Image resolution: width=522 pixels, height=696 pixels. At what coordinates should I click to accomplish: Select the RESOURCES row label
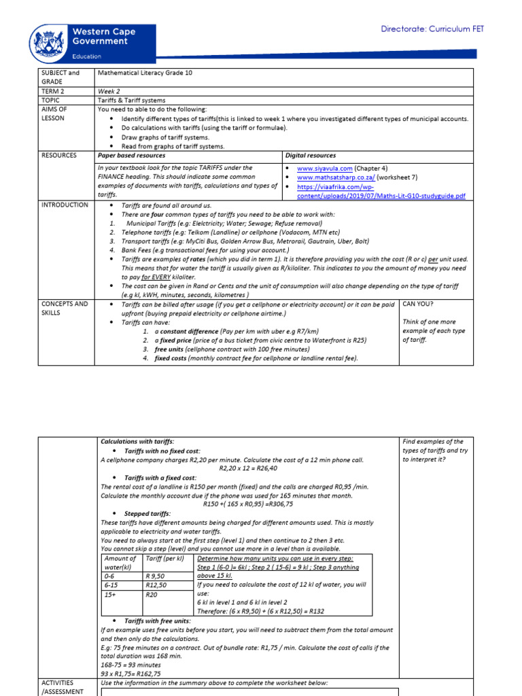(x=59, y=156)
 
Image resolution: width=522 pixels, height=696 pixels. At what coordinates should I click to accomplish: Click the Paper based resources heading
(x=131, y=156)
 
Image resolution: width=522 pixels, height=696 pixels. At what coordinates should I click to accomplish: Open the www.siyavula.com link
(x=325, y=168)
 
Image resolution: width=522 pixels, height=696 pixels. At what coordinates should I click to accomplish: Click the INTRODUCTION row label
(x=65, y=205)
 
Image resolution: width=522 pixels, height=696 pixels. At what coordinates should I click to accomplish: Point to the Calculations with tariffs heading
(x=137, y=442)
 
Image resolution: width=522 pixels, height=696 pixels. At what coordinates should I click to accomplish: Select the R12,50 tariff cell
(x=156, y=584)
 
